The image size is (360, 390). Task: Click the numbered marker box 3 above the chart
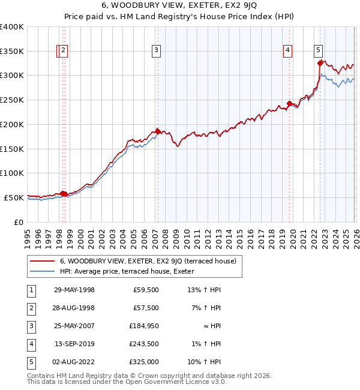coord(156,51)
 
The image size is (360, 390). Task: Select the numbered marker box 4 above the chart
coord(288,51)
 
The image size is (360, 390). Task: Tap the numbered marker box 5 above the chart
coord(318,51)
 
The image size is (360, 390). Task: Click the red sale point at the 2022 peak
coord(320,62)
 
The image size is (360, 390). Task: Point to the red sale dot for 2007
coord(158,131)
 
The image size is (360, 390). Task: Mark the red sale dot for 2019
coord(289,104)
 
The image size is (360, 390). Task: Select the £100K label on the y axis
coord(12,173)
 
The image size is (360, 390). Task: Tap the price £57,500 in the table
coord(146,307)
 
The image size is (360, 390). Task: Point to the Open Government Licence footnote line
coord(118,382)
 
